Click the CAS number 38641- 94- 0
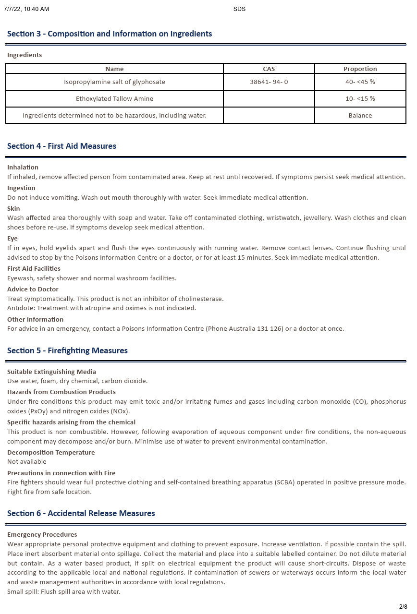click(x=269, y=82)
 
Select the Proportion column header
click(x=360, y=69)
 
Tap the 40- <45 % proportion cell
click(x=360, y=82)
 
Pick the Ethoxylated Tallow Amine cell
click(x=114, y=99)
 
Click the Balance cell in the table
click(x=360, y=116)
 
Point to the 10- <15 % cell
click(x=360, y=99)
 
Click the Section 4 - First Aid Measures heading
click(x=61, y=146)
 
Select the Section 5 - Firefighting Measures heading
click(x=67, y=351)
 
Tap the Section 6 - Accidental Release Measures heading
click(x=81, y=514)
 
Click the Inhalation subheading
click(x=23, y=168)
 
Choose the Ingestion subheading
click(x=21, y=188)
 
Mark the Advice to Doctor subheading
click(x=33, y=289)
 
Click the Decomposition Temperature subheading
click(x=51, y=453)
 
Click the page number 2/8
click(x=403, y=607)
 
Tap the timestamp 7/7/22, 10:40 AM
click(x=26, y=9)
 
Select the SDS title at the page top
click(x=239, y=9)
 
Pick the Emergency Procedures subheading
click(x=42, y=535)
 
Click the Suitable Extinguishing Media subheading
click(x=51, y=372)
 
